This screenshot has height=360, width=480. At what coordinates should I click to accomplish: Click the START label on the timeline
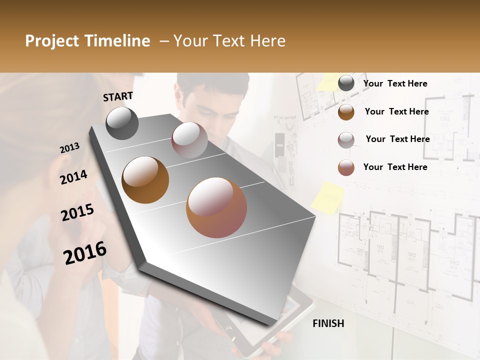click(x=118, y=96)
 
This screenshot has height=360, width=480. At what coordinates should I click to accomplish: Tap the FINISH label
click(x=328, y=323)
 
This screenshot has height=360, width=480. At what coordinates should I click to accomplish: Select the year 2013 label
click(x=69, y=148)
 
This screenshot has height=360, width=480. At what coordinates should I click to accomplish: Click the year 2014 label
click(x=73, y=177)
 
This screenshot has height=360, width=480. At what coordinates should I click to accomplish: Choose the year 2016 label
click(x=85, y=252)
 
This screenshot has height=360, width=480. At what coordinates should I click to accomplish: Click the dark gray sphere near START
click(x=122, y=123)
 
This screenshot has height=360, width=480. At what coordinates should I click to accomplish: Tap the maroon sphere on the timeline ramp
click(x=189, y=140)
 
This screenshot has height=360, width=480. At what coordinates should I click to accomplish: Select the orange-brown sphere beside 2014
click(x=145, y=180)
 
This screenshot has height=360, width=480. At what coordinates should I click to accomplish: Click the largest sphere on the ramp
click(x=216, y=207)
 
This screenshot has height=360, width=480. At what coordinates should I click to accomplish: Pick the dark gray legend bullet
click(x=346, y=83)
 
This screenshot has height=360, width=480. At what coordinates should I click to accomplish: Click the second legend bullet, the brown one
click(x=346, y=112)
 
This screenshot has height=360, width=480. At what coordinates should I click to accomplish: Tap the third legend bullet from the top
click(x=346, y=140)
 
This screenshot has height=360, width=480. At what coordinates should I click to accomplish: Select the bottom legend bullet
click(x=346, y=167)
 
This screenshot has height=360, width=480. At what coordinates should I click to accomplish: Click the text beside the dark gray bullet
click(x=395, y=83)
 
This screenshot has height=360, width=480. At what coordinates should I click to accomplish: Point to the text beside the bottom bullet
click(x=395, y=167)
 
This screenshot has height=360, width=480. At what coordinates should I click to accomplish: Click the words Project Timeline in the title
click(x=87, y=41)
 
